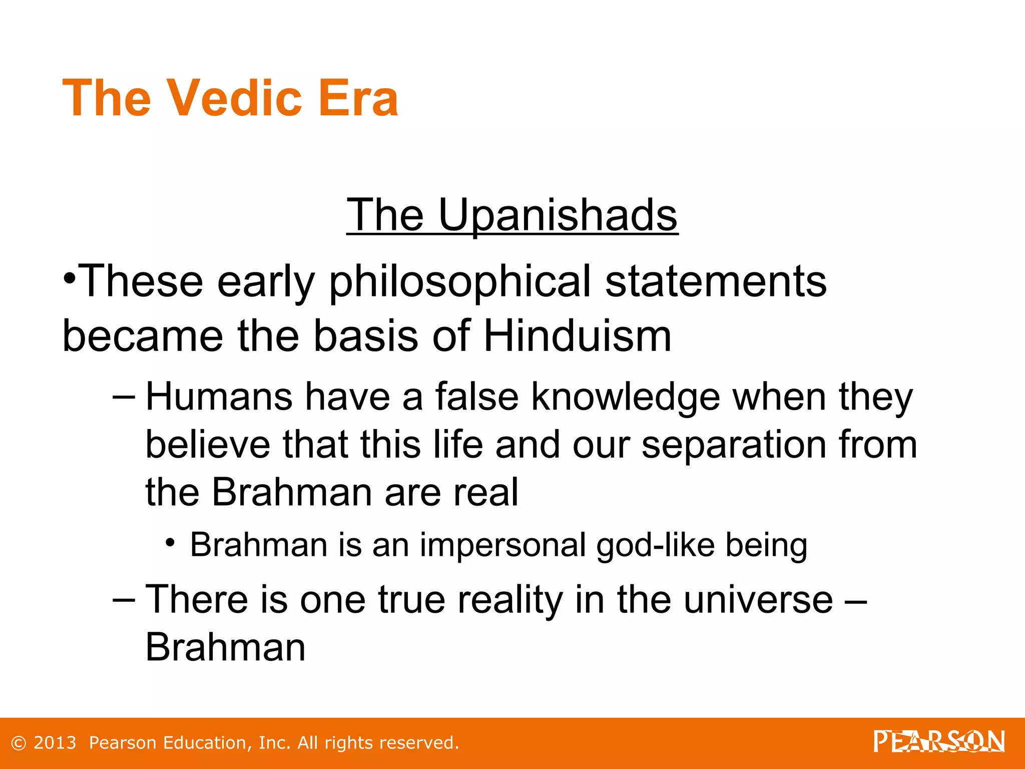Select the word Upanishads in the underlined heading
tap(558, 215)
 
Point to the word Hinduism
tap(577, 336)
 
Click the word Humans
tap(219, 397)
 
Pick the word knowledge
tap(625, 397)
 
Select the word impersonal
tap(502, 545)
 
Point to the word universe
tap(758, 599)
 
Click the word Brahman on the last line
tap(225, 647)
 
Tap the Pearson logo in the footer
tap(939, 741)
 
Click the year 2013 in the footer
tap(55, 743)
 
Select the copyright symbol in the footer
tap(19, 743)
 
